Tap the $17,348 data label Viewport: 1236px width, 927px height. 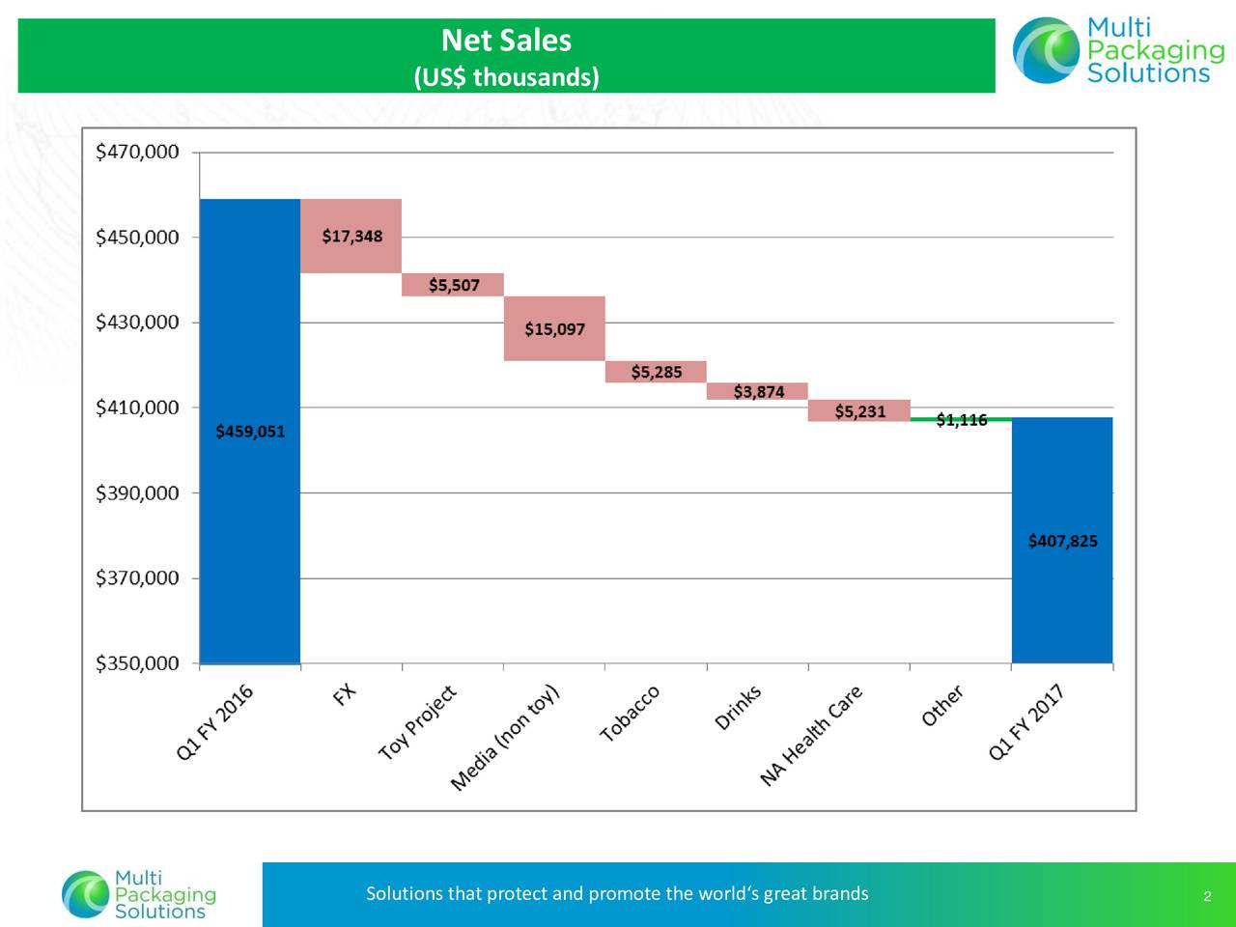pyautogui.click(x=351, y=236)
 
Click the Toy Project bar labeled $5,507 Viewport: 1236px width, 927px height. pyautogui.click(x=453, y=285)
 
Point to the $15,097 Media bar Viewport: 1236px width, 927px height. pyautogui.click(x=554, y=329)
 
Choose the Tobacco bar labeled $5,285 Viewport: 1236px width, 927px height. pyautogui.click(x=656, y=372)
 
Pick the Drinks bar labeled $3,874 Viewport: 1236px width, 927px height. pyautogui.click(x=758, y=391)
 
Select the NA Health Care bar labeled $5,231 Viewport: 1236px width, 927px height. pyautogui.click(x=859, y=411)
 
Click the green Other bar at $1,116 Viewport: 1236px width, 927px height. pyautogui.click(x=961, y=419)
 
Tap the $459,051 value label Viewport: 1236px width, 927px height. pyautogui.click(x=250, y=432)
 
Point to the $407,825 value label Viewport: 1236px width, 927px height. pyautogui.click(x=1062, y=541)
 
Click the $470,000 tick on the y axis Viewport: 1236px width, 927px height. pyautogui.click(x=137, y=152)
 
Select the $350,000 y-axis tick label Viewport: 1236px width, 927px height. pyautogui.click(x=137, y=663)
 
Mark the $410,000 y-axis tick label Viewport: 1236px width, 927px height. pyautogui.click(x=137, y=407)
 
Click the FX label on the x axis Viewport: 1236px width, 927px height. pyautogui.click(x=345, y=694)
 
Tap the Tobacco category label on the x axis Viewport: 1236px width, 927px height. pyautogui.click(x=630, y=714)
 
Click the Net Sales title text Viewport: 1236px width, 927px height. pyautogui.click(x=506, y=41)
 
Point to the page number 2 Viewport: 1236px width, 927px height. pyautogui.click(x=1207, y=898)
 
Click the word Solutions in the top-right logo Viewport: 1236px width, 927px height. pyautogui.click(x=1147, y=74)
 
